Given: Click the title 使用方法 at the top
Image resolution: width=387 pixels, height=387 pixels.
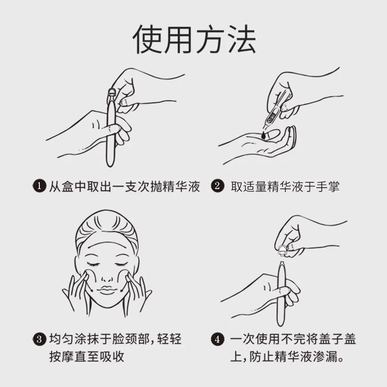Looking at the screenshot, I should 193,39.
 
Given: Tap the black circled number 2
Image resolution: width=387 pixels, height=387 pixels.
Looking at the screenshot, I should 218,186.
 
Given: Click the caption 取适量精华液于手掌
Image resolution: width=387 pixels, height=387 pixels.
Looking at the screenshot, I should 285,186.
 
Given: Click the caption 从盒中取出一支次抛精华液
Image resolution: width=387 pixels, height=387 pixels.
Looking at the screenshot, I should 124,186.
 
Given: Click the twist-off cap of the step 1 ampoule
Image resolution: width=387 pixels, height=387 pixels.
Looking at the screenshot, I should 111,94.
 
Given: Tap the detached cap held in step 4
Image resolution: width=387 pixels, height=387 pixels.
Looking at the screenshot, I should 282,250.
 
